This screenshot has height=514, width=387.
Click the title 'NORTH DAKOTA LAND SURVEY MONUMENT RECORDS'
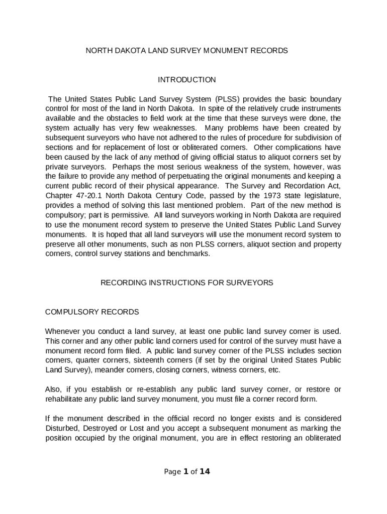click(x=186, y=51)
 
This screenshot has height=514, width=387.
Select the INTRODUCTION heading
click(x=186, y=80)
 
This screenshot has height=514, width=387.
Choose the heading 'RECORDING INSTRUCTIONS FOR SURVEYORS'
click(x=186, y=283)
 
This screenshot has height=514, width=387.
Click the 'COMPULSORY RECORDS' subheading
click(x=92, y=312)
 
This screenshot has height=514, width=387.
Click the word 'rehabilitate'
click(x=65, y=399)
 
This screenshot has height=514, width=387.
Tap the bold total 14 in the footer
click(x=205, y=472)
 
